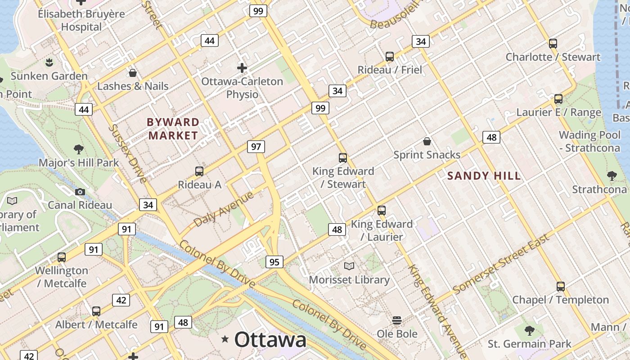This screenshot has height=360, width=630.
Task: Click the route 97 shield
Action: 256,147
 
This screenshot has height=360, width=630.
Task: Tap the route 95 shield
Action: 274,262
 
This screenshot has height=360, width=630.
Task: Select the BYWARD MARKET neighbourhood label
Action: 173,129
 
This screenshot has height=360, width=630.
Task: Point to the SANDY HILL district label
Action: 484,176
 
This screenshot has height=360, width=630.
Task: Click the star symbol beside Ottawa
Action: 225,339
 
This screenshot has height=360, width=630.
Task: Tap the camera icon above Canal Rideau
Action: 80,192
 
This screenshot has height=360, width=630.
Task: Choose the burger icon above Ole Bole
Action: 397,320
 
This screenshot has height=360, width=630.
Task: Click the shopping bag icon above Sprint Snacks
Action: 427,142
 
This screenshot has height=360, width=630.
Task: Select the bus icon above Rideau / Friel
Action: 390,57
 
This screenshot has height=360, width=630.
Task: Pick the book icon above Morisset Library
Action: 349,266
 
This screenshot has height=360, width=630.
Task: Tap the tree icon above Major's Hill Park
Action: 79,149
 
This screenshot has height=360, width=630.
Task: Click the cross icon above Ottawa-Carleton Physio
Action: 242,68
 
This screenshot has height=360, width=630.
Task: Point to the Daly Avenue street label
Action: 224,208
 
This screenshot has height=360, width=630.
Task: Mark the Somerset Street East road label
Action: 501,264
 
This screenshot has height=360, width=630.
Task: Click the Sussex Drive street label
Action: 127,154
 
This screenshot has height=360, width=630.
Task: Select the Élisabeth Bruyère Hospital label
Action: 81,20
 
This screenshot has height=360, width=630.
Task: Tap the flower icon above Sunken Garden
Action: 49,62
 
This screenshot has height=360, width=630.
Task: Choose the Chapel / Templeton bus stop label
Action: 560,300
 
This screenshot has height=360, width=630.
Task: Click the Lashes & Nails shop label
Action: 133,86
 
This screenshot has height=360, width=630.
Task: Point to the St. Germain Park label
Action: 529,344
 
